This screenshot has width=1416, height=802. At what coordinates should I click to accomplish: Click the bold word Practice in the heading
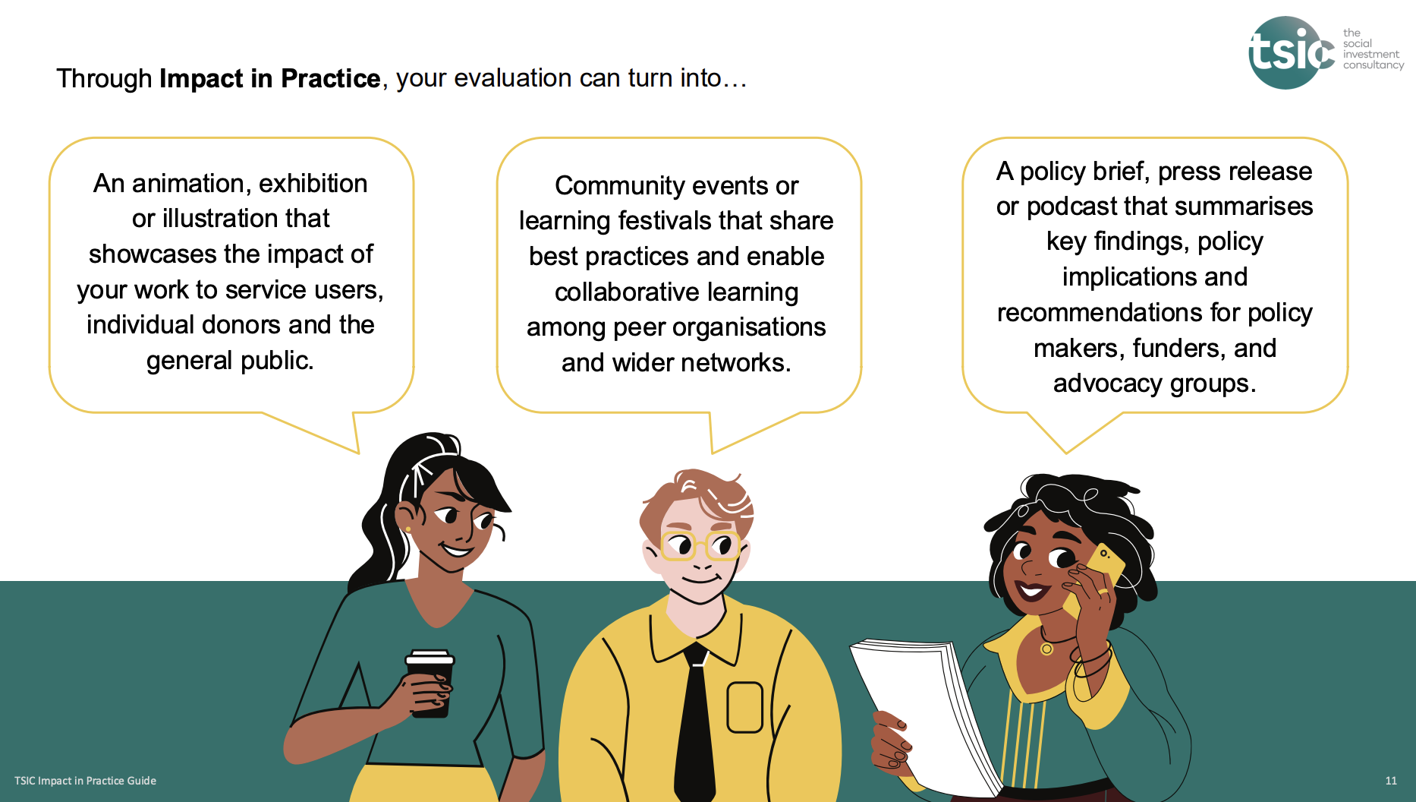pos(330,78)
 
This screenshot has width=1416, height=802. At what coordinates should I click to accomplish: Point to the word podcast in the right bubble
pos(1071,207)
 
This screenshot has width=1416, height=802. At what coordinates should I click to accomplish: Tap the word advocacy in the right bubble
pos(1107,384)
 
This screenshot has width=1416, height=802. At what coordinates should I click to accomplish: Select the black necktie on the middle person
pos(695,721)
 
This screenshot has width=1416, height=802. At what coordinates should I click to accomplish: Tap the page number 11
pos(1390,781)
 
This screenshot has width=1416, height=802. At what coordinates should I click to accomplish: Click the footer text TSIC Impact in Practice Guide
pos(85,781)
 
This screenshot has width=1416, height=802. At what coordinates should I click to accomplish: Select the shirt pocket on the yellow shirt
pos(744,708)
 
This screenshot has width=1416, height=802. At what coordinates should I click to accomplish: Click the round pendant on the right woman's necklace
pos(1046,649)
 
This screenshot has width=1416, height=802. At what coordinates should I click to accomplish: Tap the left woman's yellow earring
pos(408,529)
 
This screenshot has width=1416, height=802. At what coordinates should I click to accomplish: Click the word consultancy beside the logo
pos(1374,65)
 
